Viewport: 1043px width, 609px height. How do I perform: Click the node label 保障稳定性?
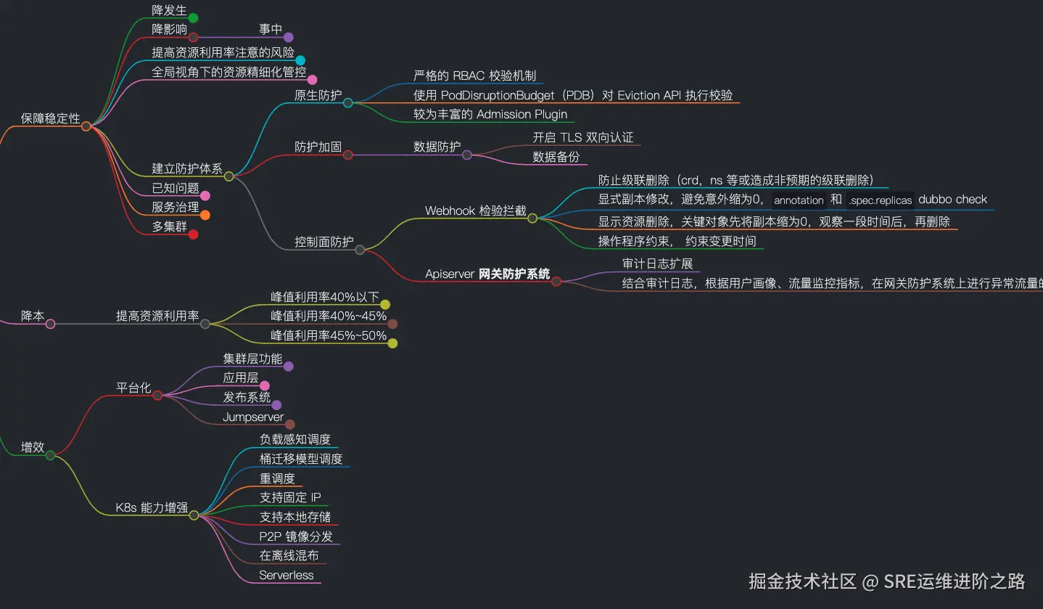pos(50,118)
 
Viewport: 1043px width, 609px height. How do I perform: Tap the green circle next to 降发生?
pos(193,18)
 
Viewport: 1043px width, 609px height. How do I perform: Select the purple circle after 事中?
pos(288,37)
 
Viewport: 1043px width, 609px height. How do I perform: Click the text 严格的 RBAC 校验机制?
pos(474,75)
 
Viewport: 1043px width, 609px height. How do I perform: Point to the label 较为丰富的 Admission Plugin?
pos(490,114)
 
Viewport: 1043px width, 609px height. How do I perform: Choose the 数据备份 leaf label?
pos(556,156)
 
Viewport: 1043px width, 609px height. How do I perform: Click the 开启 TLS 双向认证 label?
pos(583,137)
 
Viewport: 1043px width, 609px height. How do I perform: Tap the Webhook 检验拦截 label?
pos(475,211)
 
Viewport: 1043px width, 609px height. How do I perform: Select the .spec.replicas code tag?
pos(880,200)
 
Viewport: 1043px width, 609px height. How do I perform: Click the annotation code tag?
pos(799,200)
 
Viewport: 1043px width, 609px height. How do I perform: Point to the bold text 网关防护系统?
pos(514,274)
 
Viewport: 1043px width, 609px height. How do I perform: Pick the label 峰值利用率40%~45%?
pos(329,316)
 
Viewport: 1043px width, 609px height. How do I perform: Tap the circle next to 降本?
pos(51,324)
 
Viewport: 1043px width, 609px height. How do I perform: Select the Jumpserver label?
pos(253,417)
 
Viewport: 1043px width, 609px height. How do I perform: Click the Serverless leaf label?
pos(286,575)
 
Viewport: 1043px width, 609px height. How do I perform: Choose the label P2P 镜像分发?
pos(296,536)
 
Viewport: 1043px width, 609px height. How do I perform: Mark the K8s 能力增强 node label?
pos(152,507)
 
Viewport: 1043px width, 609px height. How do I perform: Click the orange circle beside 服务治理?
pos(205,215)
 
